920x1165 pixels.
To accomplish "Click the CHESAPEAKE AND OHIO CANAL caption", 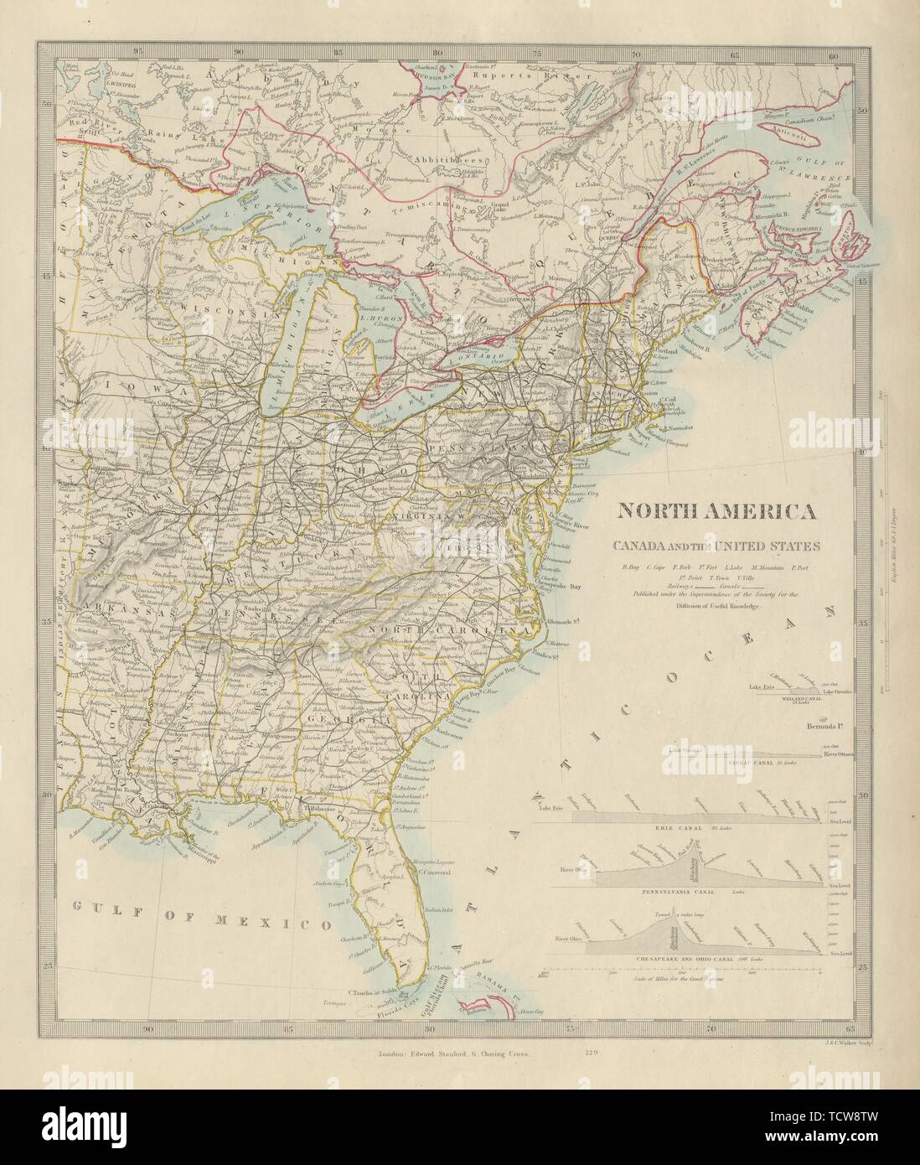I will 677,956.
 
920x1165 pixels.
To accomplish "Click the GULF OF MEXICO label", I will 191,924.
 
